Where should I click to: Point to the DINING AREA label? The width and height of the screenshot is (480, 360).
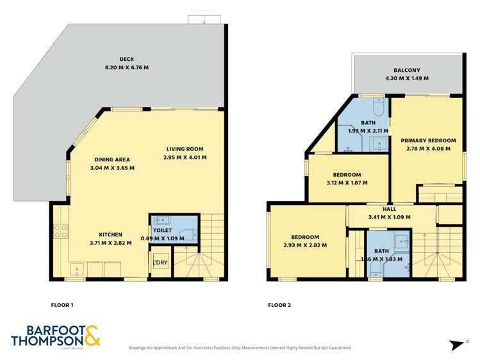(112, 160)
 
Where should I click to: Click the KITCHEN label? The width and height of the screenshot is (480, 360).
(110, 234)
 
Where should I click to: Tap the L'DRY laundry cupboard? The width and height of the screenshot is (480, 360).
(160, 263)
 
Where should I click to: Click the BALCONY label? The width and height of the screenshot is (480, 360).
(406, 70)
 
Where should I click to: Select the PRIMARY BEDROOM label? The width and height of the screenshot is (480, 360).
(428, 140)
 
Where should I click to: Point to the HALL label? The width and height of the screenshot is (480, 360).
(389, 209)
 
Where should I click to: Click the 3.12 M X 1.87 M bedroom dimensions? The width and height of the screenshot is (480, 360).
(347, 183)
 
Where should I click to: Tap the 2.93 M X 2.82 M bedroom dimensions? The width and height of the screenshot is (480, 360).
(305, 245)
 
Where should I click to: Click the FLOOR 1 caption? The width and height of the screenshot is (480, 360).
(62, 305)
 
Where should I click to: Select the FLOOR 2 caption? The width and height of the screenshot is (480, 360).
(279, 305)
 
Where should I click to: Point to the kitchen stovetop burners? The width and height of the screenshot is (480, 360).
(60, 231)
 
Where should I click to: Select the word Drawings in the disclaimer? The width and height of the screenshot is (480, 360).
(139, 348)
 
